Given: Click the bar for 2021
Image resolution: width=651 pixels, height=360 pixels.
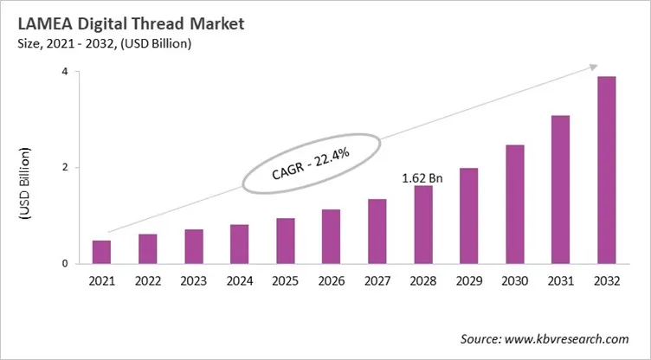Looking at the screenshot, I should [x=102, y=252].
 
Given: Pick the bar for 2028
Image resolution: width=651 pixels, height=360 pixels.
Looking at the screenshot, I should [x=423, y=224].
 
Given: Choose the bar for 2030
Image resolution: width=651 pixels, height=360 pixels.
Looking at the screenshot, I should [x=515, y=204].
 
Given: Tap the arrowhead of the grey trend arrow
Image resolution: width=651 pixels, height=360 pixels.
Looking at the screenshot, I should [x=595, y=67].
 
